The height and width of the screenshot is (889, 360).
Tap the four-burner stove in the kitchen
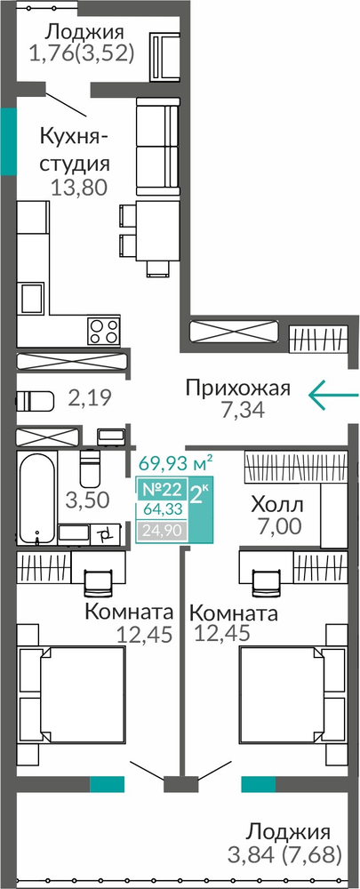point(103,331)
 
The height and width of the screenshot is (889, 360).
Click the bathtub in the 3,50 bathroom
point(36,497)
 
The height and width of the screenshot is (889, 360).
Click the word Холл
point(278,504)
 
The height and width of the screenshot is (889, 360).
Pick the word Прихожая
point(237,389)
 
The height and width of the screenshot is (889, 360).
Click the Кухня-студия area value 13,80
point(78,187)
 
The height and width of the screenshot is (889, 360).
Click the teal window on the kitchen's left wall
point(8,141)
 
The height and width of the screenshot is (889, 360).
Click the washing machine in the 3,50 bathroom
point(105,533)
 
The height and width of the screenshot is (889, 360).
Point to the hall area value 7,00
point(276,526)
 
